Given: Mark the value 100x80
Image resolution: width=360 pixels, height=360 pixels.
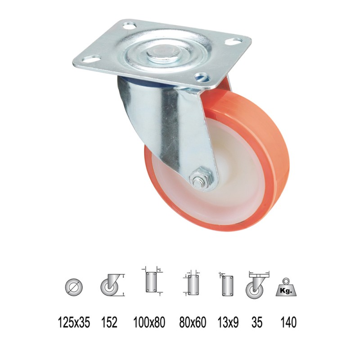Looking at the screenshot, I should pos(149,322).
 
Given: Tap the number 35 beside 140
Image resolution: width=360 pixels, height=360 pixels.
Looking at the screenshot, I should pos(257,322).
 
